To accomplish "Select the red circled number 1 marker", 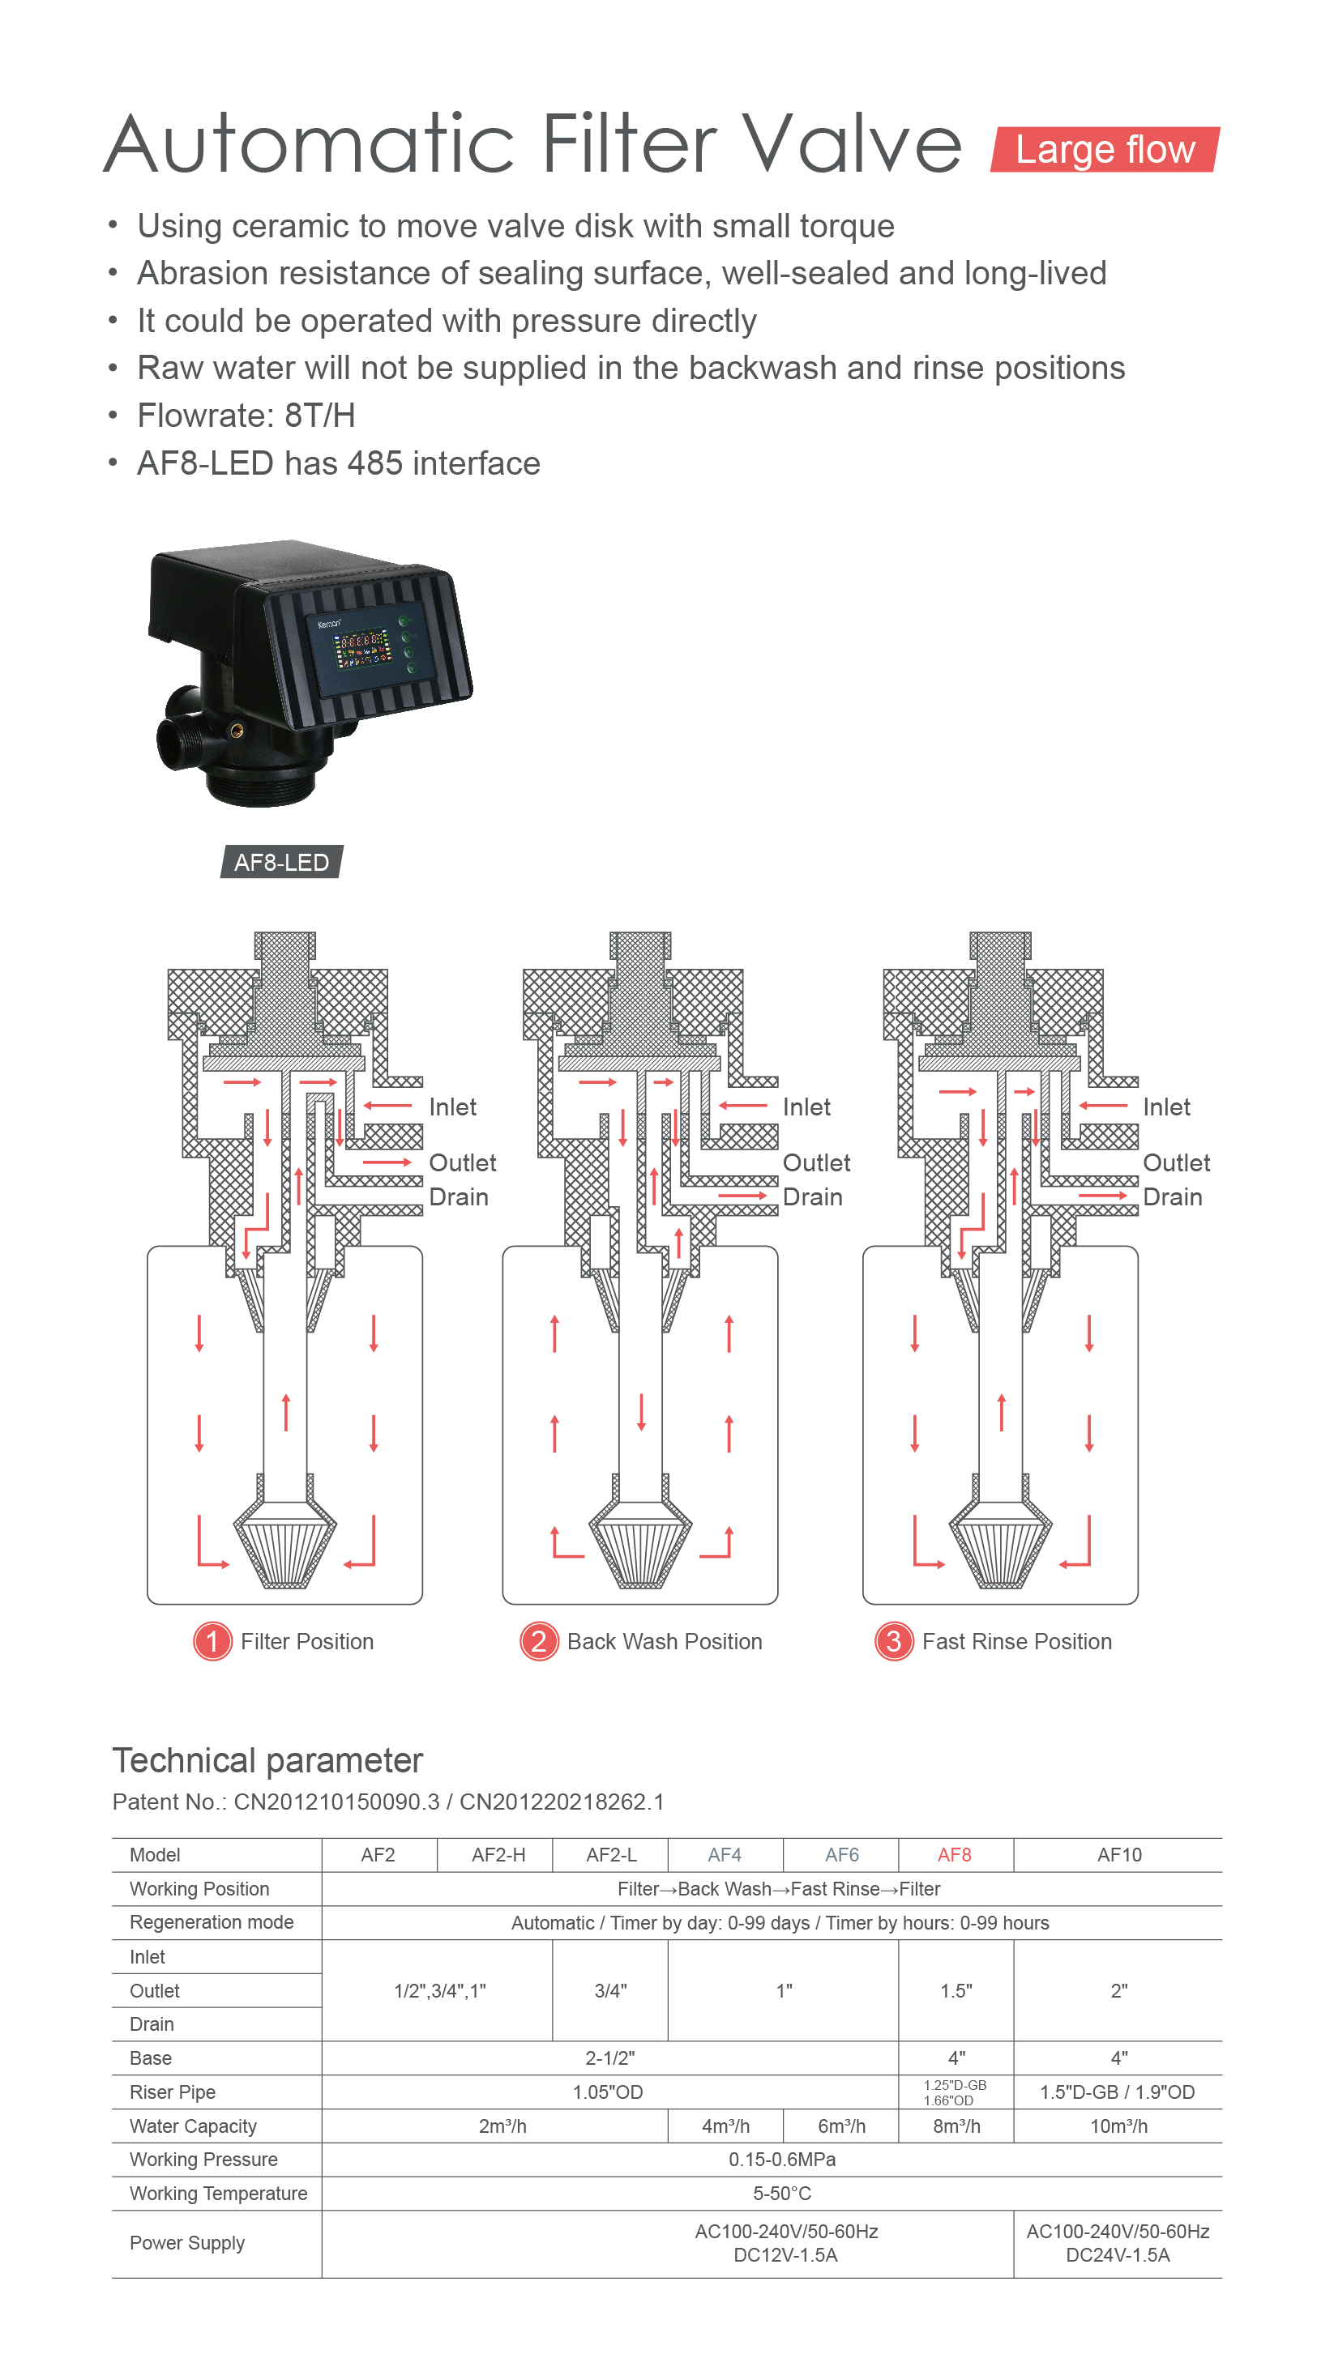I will [x=212, y=1641].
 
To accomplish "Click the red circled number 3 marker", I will [x=892, y=1641].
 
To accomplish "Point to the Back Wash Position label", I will [x=664, y=1642].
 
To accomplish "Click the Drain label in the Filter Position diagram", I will [x=459, y=1196].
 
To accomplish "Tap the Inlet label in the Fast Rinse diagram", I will [x=1165, y=1107].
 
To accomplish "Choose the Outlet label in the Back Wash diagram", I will [x=815, y=1162].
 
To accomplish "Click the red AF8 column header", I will [x=954, y=1855].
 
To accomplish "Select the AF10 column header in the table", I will [x=1118, y=1855].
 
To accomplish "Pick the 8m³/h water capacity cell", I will [x=956, y=2126].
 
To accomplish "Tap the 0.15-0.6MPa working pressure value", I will [x=781, y=2160].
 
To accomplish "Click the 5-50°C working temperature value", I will [x=781, y=2194].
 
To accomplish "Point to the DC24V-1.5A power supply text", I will [x=1118, y=2255].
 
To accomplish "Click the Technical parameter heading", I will [x=267, y=1760].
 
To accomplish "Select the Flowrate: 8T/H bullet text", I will [x=246, y=415].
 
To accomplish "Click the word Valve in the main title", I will [x=852, y=144].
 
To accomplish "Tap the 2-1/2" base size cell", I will [x=609, y=2058].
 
